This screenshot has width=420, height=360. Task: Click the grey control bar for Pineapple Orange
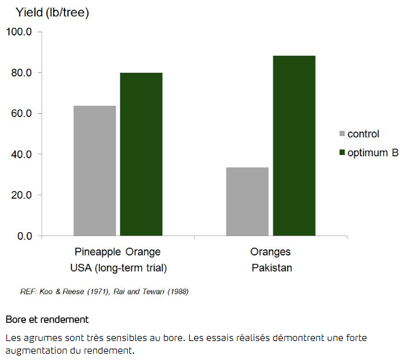click(95, 171)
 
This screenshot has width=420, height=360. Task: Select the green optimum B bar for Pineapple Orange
click(141, 154)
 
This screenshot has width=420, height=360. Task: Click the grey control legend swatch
click(343, 134)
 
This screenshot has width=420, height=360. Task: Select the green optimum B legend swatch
click(343, 152)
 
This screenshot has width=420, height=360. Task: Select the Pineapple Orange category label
click(118, 252)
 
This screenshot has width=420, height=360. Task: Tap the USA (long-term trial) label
click(118, 268)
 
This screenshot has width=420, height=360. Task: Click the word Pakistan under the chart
click(272, 268)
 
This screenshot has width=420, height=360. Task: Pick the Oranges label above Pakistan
click(271, 252)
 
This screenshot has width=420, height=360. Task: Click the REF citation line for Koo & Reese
click(104, 292)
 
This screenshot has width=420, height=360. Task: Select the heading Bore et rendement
click(47, 320)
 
